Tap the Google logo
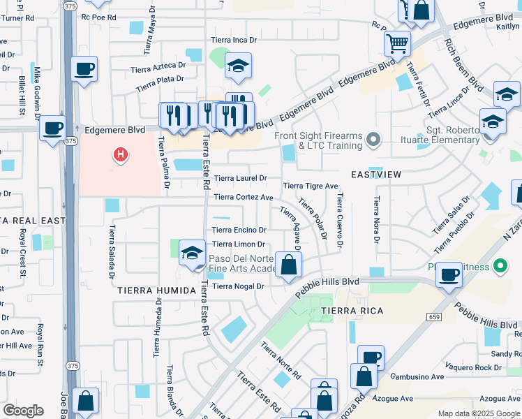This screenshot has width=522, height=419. click(23, 411)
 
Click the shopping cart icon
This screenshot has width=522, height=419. click(397, 43)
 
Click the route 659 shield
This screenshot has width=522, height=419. click(434, 316)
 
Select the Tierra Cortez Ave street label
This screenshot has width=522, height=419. click(243, 198)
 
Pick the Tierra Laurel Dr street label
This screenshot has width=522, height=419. click(240, 179)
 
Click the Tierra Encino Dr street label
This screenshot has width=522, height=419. click(239, 230)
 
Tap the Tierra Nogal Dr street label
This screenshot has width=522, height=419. click(239, 286)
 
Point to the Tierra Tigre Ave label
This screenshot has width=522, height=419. click(311, 186)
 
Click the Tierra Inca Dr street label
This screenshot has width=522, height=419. click(239, 41)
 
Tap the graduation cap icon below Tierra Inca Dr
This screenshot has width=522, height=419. click(238, 66)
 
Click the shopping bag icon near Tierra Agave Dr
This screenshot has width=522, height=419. click(288, 265)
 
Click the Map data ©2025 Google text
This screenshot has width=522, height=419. click(479, 413)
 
